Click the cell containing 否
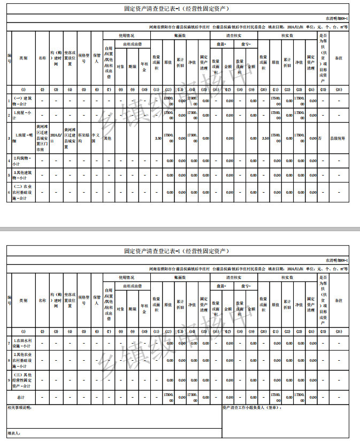tap(320, 138)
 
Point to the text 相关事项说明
tap(20, 408)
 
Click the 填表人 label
tap(14, 432)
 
